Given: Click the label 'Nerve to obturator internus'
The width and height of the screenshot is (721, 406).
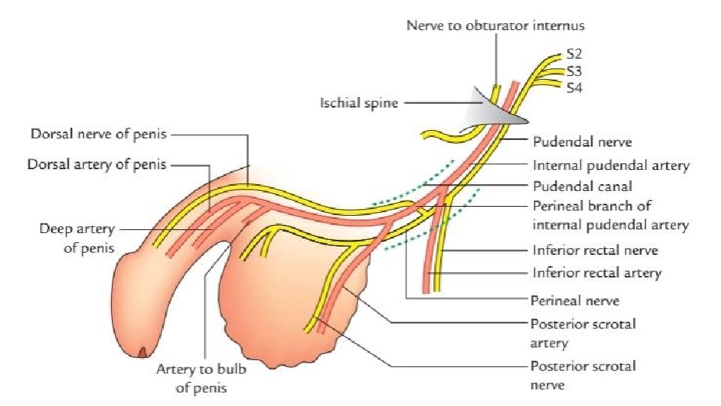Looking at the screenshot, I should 495,26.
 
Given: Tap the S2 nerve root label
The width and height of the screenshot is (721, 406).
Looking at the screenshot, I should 574,55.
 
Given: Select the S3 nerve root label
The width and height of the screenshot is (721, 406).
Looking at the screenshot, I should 574,71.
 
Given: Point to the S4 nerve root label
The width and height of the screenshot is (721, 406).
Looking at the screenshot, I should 574,87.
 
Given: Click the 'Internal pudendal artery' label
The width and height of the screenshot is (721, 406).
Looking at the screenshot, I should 610,165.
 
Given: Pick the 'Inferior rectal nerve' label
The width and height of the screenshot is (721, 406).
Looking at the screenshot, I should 596,250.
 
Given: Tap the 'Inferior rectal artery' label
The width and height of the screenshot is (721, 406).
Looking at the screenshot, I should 596,272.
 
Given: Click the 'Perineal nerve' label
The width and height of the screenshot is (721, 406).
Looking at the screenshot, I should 575,300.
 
